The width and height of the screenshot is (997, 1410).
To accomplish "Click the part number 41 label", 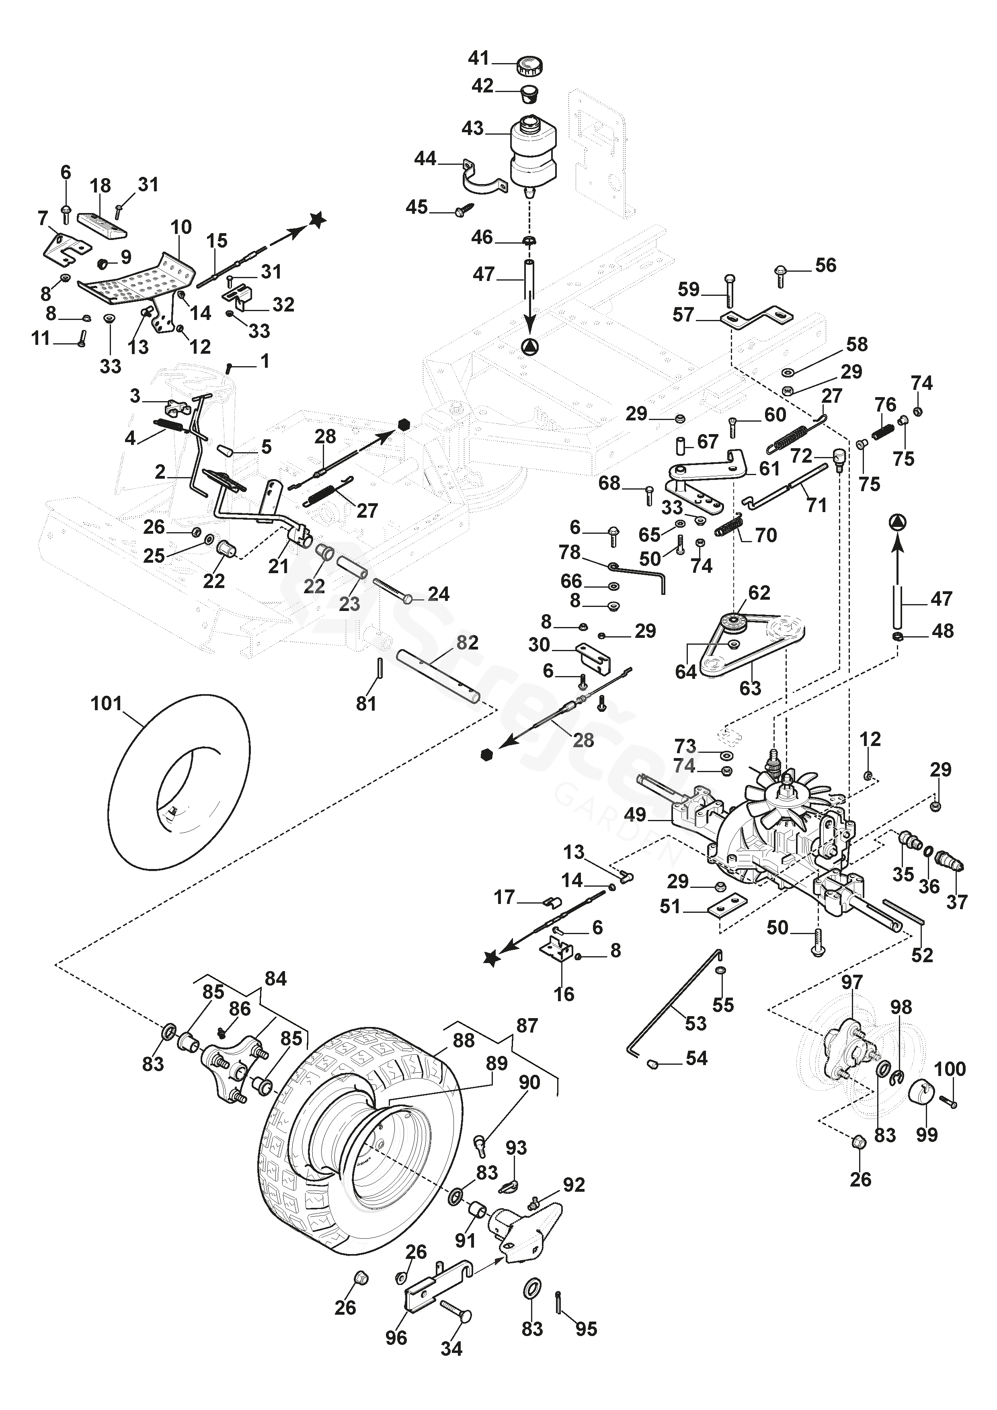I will pos(478,58).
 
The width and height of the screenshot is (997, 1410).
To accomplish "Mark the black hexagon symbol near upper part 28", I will pos(404,424).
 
